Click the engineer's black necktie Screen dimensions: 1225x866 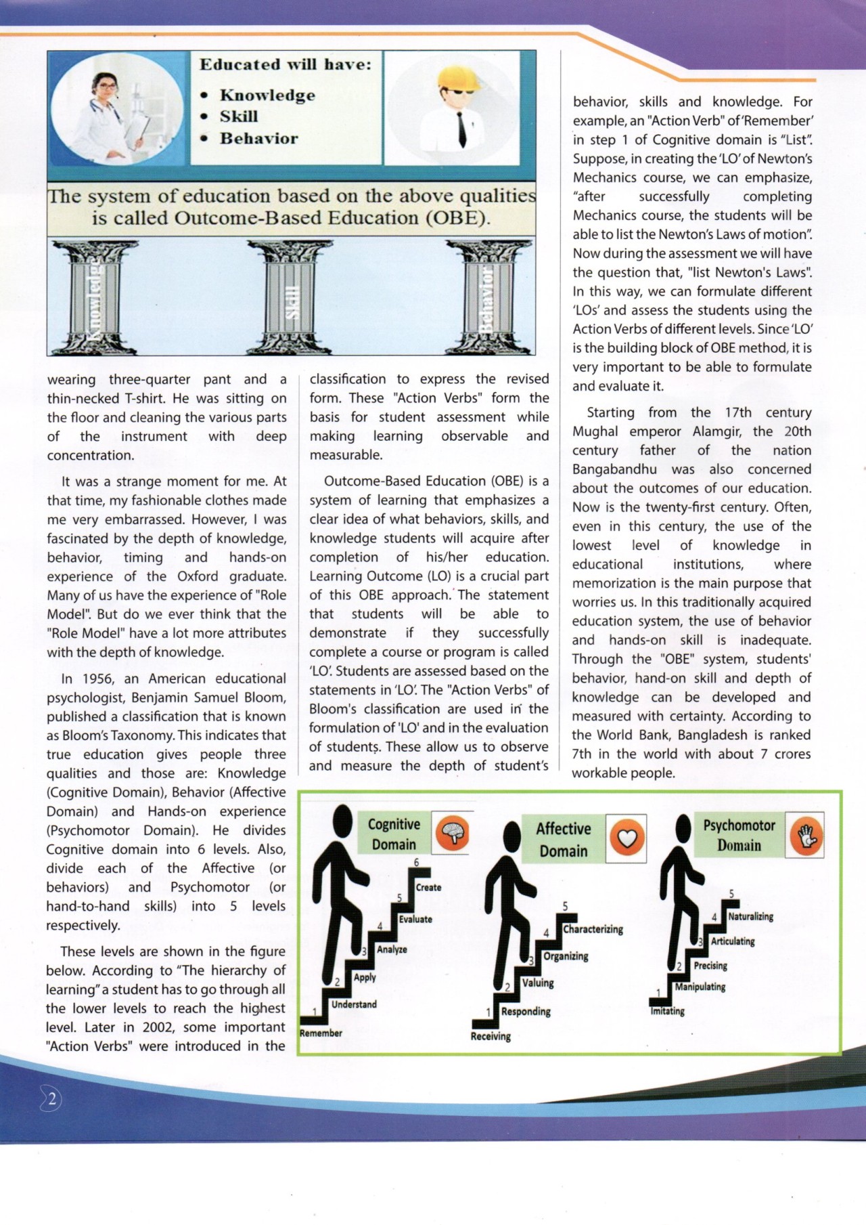coord(462,129)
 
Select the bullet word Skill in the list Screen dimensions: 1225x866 coord(239,116)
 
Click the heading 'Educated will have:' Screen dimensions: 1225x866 coord(285,65)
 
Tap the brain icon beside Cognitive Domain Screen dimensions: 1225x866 coord(452,834)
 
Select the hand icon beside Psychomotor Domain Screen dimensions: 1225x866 coord(806,835)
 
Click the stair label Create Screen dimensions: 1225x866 coord(428,888)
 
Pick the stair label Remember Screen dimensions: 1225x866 coord(321,1033)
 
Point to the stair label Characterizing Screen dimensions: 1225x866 coord(593,930)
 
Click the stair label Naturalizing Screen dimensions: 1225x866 coord(750,917)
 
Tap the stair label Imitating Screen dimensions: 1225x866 coord(667,1012)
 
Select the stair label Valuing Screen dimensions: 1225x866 coord(538,983)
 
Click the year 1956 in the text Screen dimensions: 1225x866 coord(97,679)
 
